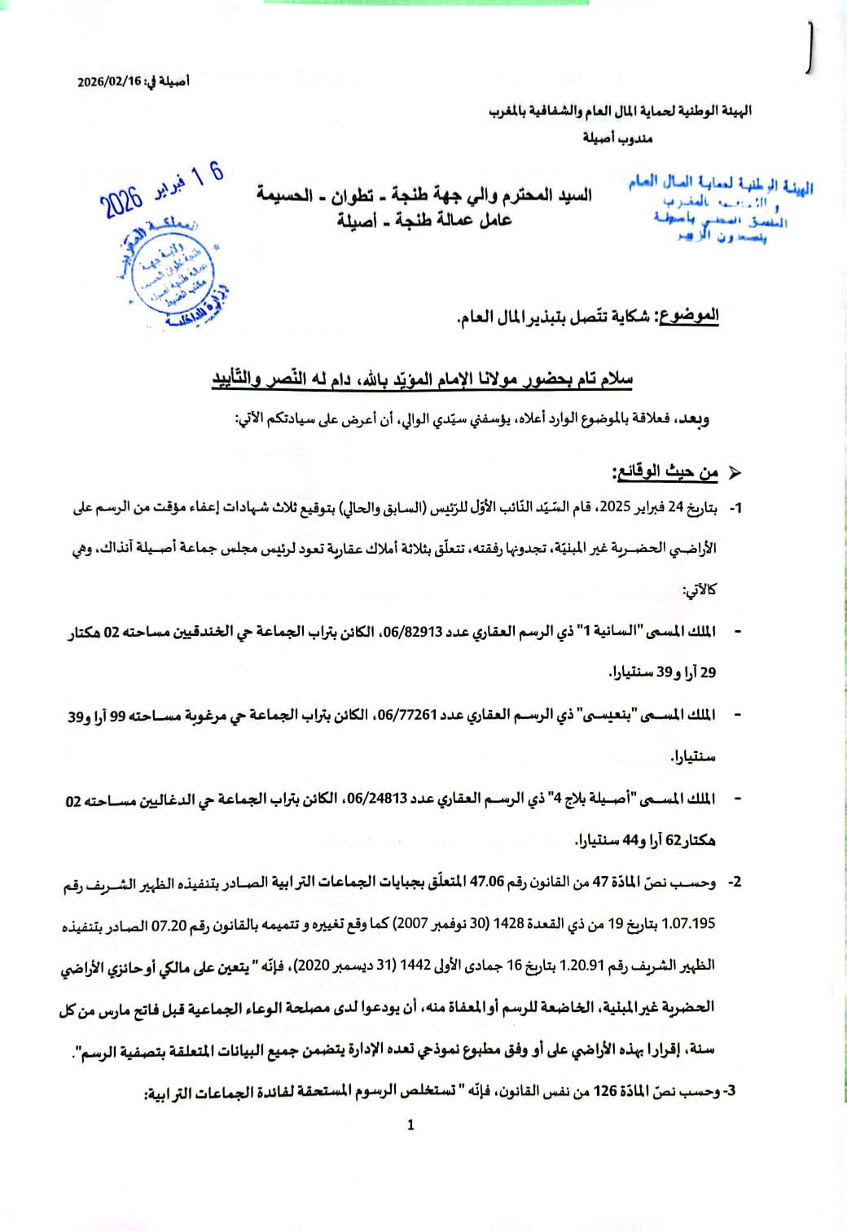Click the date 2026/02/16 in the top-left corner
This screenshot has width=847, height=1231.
[x=109, y=81]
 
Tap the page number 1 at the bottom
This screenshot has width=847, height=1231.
[x=410, y=1124]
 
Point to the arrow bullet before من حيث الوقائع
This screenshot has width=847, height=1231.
[x=732, y=472]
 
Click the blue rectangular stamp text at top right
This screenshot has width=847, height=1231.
[x=720, y=210]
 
